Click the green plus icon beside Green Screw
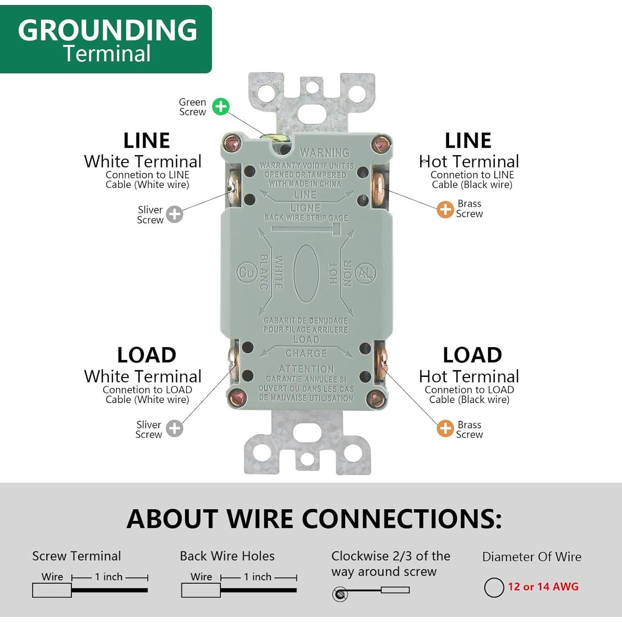(221, 107)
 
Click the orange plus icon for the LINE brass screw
(445, 209)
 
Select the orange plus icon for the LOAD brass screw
(445, 429)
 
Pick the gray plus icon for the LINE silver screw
(175, 214)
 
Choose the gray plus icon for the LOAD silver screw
(175, 429)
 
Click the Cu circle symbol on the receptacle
(247, 273)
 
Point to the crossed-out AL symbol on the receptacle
(365, 273)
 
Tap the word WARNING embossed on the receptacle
(325, 153)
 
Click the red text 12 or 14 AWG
(543, 587)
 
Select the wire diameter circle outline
(494, 588)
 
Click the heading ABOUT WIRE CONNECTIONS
(314, 518)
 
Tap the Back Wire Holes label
(227, 556)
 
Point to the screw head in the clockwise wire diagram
(340, 595)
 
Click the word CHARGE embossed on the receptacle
(306, 354)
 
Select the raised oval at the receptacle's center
(306, 273)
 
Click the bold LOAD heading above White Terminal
(147, 355)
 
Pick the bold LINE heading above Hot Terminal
(468, 141)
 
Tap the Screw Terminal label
(77, 556)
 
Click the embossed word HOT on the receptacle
(333, 273)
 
